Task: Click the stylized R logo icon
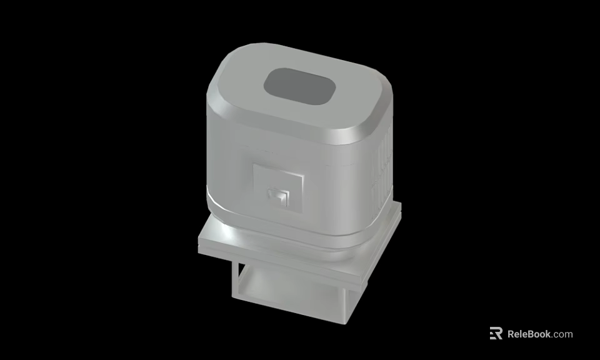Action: [496, 334]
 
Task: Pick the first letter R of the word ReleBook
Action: [511, 334]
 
